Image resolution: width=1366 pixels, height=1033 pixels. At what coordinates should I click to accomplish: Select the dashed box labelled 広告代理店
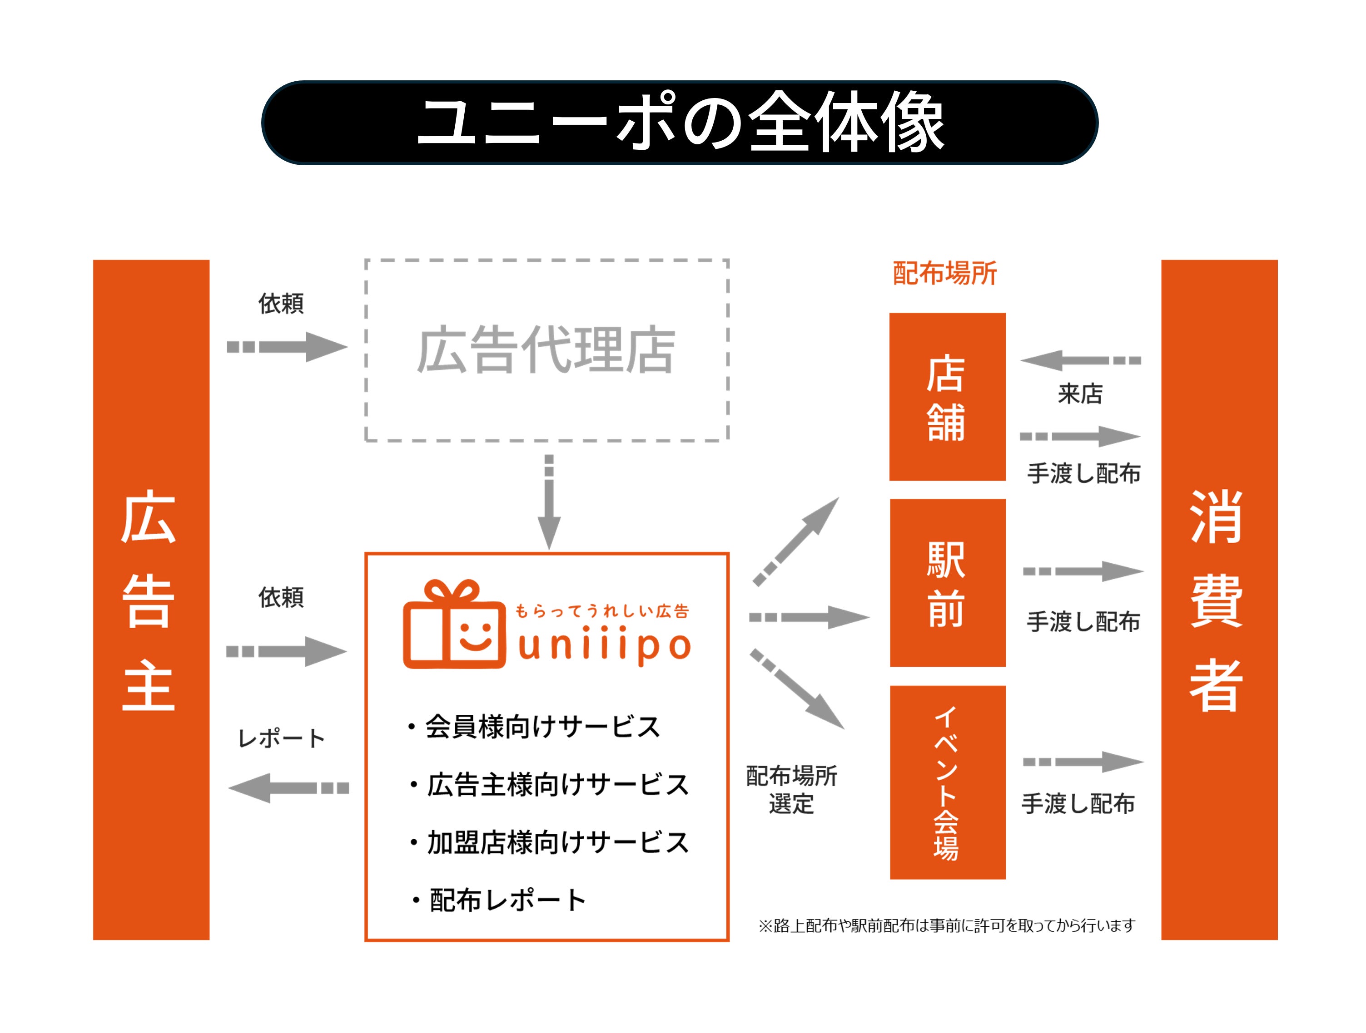546,350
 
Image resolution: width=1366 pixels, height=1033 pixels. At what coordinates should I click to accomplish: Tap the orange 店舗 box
947,397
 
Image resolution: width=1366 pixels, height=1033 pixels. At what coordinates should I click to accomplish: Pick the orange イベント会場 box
947,782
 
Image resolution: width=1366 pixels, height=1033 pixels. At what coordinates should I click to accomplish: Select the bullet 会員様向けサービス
535,726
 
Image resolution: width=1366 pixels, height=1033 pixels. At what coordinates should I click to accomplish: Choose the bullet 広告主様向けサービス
550,784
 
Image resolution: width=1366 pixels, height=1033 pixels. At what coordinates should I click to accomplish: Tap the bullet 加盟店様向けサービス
550,842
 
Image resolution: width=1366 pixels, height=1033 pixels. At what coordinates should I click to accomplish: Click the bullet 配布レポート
499,900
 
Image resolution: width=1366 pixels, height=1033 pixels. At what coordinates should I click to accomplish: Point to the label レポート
281,738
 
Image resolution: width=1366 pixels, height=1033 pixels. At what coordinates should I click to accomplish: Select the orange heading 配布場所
944,273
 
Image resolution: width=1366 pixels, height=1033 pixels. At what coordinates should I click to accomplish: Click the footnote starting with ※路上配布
946,925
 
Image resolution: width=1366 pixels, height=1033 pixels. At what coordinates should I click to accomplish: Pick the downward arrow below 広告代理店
548,501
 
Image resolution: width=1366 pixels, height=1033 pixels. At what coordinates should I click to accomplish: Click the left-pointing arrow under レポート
288,788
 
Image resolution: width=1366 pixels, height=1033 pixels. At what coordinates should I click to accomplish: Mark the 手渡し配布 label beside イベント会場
1078,803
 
